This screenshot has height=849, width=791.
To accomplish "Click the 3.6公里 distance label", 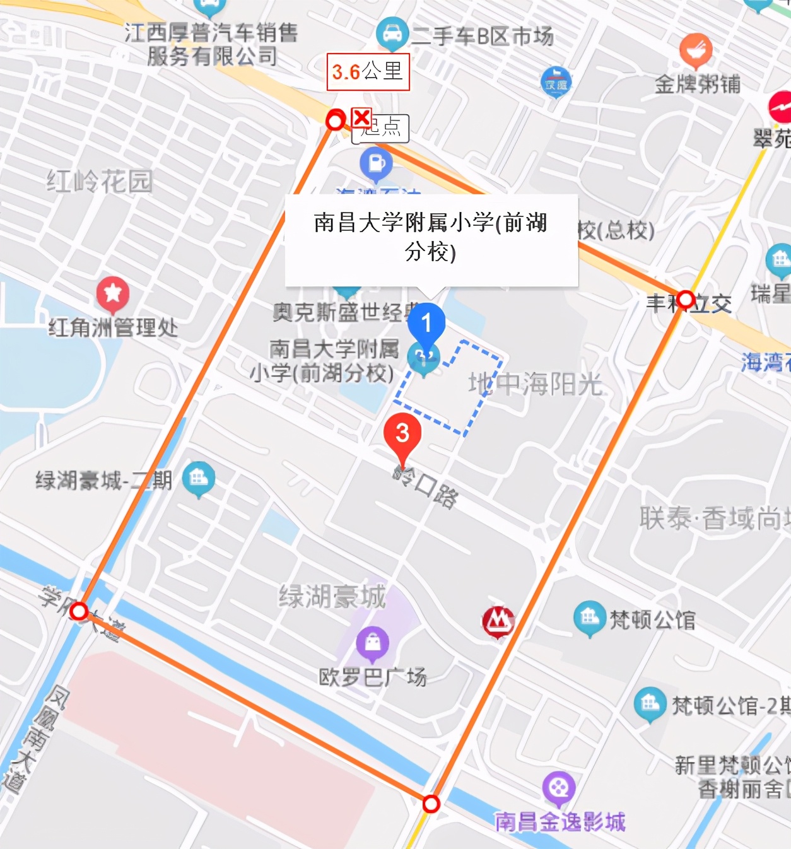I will [x=368, y=72].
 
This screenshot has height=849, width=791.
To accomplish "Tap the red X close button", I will [x=361, y=117].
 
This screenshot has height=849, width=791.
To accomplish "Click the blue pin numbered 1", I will [x=426, y=324].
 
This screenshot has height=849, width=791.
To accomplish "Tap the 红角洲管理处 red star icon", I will [x=113, y=293].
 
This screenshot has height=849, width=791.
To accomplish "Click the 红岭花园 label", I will [x=100, y=182].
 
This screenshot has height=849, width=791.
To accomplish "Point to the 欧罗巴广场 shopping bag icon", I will [x=373, y=643].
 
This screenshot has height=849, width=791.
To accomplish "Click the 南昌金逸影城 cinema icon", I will [x=558, y=787].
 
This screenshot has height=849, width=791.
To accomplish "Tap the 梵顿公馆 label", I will [x=652, y=620].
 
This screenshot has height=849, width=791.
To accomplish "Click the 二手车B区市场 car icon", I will [x=392, y=32].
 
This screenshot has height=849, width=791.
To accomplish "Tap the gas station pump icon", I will [x=376, y=163].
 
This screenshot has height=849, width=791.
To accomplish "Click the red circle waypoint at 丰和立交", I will [x=686, y=299].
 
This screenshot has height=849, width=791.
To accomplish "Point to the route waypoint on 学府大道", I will [x=79, y=611].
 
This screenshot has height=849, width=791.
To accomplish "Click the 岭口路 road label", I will [x=426, y=488].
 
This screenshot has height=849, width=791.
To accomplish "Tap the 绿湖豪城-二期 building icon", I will [x=198, y=478].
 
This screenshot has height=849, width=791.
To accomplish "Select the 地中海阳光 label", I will [x=536, y=384].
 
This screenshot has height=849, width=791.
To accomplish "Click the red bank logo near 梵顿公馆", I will [x=498, y=622].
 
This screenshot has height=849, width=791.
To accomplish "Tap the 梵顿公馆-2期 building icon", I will [x=650, y=703].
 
